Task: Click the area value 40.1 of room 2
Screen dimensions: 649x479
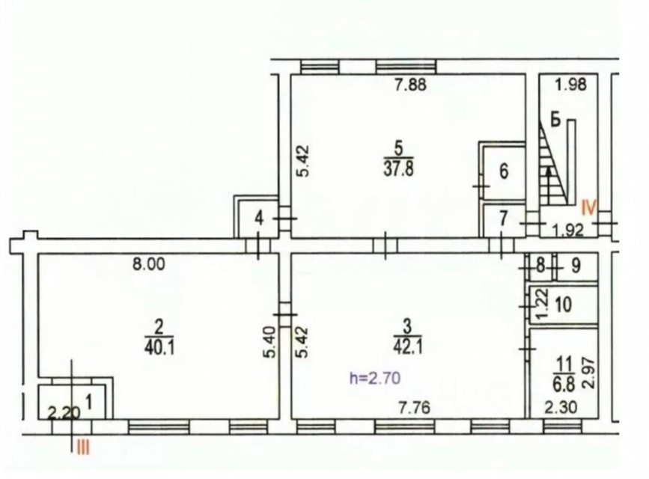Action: pos(159,347)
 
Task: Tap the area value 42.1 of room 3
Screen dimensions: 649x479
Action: pos(408,347)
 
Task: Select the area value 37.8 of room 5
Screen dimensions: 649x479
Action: pos(399,169)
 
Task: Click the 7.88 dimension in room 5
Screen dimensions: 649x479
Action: pos(410,85)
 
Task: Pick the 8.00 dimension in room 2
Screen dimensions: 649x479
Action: pos(149,263)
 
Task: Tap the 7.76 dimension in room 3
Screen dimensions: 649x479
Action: pos(415,408)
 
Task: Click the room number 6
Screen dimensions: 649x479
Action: pos(504,171)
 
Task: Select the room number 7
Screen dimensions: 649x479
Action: pos(503,219)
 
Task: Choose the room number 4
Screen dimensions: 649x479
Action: pos(259,218)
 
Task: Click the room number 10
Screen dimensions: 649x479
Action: pos(564,305)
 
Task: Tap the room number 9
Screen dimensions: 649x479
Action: pos(576,266)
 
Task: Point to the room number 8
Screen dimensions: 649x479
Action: pos(540,266)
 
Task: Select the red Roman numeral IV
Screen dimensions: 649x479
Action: pos(589,207)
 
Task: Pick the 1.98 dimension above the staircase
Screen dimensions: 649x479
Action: pos(571,85)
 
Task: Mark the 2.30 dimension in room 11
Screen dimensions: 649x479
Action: pos(560,408)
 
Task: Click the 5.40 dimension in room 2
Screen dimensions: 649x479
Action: pos(270,342)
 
